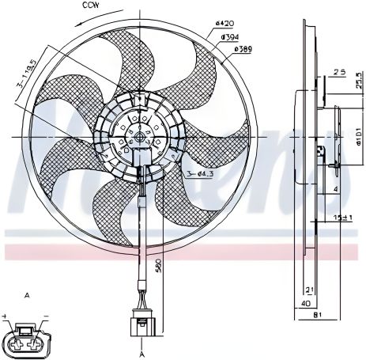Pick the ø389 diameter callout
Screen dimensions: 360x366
(x=243, y=49)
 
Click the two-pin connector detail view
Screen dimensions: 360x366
(x=28, y=336)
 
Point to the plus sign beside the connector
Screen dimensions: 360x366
(x=6, y=316)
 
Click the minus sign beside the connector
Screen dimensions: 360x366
(x=47, y=316)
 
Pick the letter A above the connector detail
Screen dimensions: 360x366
(x=28, y=294)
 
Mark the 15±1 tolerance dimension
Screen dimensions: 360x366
(x=341, y=216)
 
